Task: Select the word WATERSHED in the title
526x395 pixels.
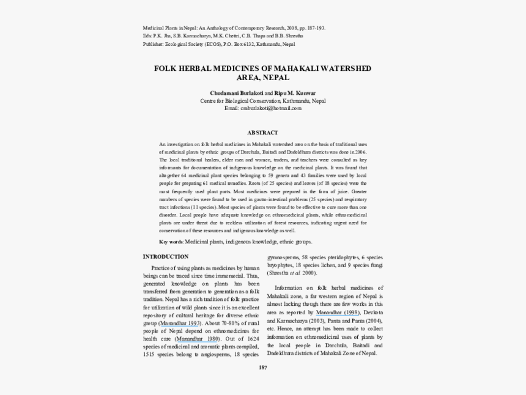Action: click(346, 68)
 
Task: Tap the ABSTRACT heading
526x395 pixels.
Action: click(262, 133)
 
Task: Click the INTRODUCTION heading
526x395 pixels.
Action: click(166, 257)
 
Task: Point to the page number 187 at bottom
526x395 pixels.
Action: click(263, 367)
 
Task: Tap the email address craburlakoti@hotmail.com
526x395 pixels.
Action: click(262, 108)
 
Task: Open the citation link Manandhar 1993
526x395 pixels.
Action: click(179, 323)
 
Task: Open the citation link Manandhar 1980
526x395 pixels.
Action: click(197, 339)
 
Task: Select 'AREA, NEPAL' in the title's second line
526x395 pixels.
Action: click(263, 78)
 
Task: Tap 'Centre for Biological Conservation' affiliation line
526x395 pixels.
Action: click(241, 100)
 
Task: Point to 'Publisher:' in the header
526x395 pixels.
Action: click(154, 45)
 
